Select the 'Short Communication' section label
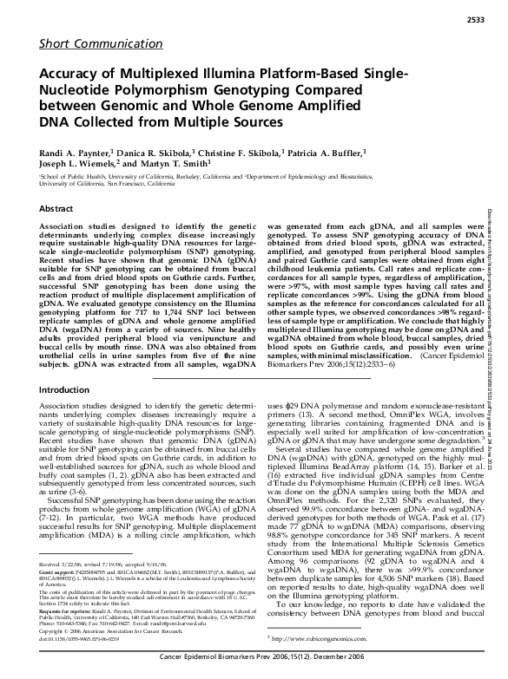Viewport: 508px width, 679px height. tap(77, 42)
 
